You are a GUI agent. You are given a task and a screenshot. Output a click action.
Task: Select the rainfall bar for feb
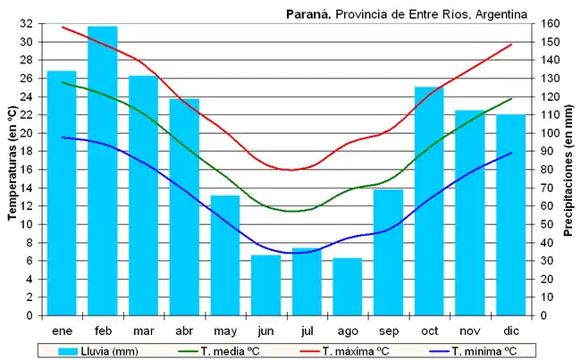click(102, 171)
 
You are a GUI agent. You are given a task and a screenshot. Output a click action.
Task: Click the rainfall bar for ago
click(347, 286)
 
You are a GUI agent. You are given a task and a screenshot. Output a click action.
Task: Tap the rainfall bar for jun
click(265, 285)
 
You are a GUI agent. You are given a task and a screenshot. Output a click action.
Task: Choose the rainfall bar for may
click(224, 255)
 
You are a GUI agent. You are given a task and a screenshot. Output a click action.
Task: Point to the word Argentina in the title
click(501, 13)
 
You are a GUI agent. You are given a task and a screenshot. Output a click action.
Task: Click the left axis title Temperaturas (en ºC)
click(12, 170)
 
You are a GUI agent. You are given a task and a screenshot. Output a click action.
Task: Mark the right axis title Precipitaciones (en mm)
click(568, 170)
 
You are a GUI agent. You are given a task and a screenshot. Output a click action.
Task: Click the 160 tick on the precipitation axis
click(551, 24)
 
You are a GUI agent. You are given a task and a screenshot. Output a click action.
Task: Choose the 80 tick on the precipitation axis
click(548, 170)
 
